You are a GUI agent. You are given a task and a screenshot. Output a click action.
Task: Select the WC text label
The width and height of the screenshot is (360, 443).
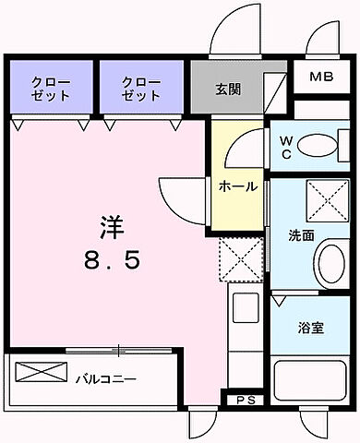(285, 148)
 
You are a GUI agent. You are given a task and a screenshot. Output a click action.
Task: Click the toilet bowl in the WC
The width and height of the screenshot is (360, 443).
(319, 146)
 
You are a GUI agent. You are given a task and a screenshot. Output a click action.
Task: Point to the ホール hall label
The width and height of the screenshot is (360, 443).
(237, 186)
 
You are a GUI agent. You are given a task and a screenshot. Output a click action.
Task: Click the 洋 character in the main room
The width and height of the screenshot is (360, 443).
(111, 226)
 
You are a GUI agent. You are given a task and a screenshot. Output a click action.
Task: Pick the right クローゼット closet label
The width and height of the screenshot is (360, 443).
(141, 89)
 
